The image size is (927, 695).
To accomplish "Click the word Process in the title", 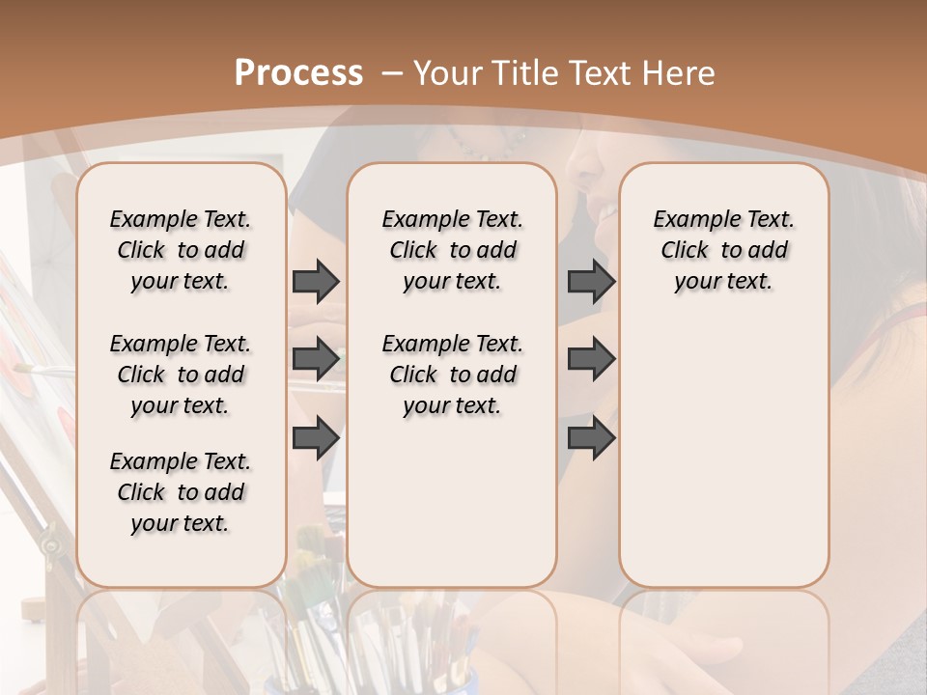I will pos(298,72).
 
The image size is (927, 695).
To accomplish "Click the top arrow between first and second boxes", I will pos(316,281).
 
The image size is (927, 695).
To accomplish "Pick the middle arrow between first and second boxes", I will pos(316,359).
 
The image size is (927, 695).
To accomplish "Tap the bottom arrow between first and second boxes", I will pos(316,437).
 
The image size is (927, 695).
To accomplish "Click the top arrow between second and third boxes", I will pos(591,281).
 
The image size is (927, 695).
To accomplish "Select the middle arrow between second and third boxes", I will pos(591,359).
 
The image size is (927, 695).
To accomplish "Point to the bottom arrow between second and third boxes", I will pos(591,437).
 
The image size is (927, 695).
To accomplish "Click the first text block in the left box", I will pos(181,250).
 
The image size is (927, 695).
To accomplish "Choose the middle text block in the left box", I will pos(181,375).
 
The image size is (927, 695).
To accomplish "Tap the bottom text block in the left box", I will pos(181,492).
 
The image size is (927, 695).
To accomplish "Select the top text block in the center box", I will pos(453,250).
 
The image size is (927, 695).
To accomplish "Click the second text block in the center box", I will pos(453,375).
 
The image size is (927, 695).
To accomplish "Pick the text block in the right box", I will pos(724,250).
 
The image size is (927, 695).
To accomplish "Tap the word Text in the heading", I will pos(604,73).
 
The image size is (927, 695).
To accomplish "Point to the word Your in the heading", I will pos(449,73).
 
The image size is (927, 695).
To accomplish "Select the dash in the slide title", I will pos(391,73).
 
